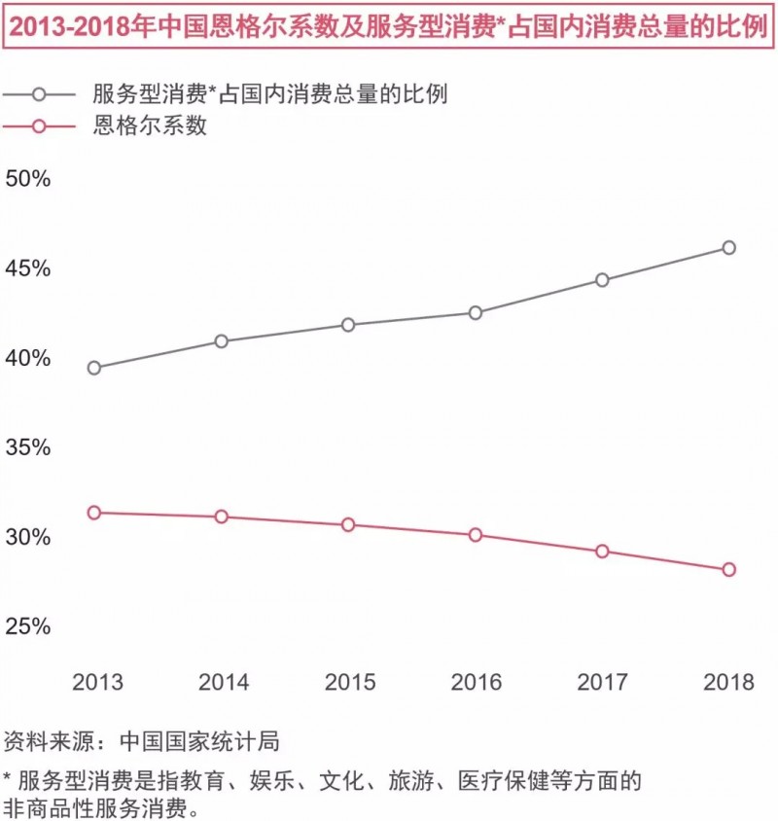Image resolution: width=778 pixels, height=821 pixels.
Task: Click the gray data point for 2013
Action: pos(93,368)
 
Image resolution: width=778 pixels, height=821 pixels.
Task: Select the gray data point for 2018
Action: pos(728,247)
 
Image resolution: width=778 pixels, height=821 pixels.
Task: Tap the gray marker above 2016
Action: pos(476,312)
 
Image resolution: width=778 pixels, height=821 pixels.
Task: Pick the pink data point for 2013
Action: pos(93,512)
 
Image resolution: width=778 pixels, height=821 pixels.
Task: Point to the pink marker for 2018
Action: pos(728,569)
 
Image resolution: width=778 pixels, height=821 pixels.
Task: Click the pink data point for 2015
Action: pos(348,524)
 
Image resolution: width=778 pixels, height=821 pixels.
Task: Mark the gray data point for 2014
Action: pos(221,340)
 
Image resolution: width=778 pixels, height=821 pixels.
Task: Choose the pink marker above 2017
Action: pos(602,551)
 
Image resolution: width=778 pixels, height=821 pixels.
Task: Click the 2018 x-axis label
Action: pos(728,682)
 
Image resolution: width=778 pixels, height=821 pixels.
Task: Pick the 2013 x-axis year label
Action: pos(97,682)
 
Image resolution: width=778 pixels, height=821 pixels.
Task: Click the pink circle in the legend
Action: pos(40,125)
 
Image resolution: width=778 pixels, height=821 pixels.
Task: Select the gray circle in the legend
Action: pos(40,94)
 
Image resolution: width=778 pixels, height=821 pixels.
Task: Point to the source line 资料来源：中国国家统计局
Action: pos(142,741)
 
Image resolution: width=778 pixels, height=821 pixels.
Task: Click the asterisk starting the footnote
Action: pos(8,778)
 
